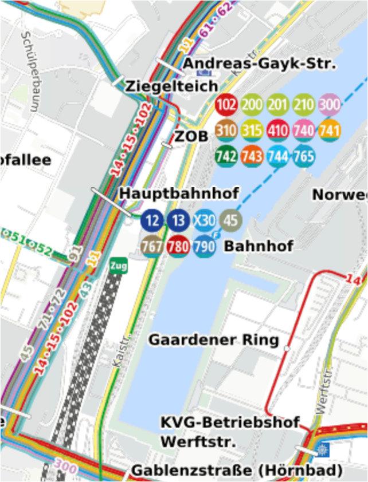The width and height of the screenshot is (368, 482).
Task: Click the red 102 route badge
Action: [x=226, y=105]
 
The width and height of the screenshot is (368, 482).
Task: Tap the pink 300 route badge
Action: [x=330, y=105]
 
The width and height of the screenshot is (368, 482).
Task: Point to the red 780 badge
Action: [x=178, y=247]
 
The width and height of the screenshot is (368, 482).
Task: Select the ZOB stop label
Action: [x=191, y=137]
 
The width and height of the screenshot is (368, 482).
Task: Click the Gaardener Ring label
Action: [x=214, y=340]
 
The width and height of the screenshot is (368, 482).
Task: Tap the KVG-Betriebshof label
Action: [x=230, y=423]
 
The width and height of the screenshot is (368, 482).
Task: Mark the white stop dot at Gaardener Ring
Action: [x=287, y=347]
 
